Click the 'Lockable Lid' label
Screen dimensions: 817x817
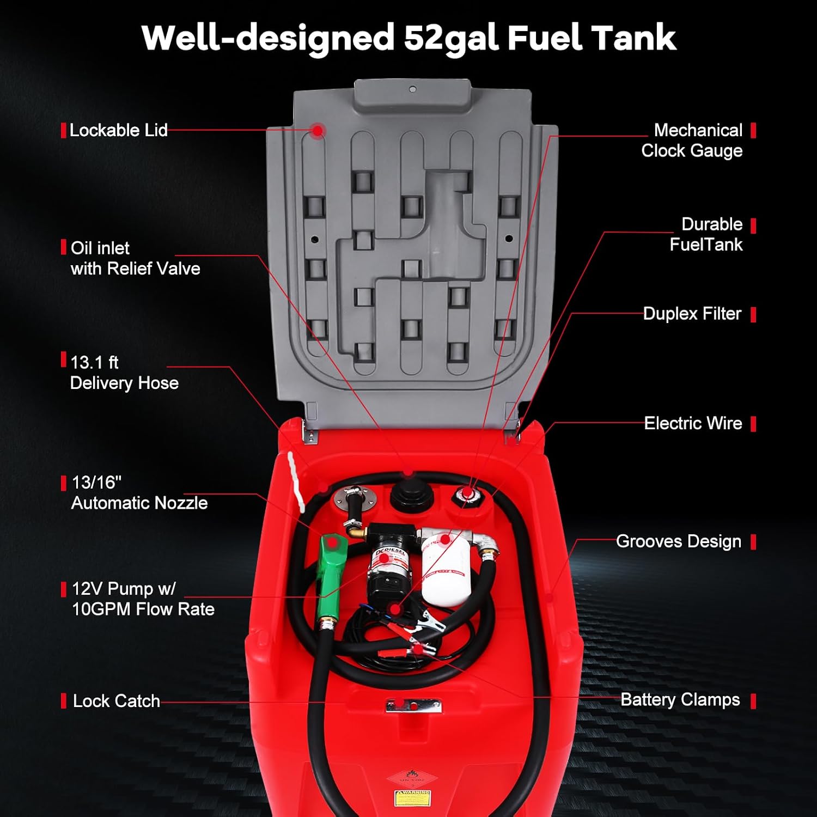pos(118,131)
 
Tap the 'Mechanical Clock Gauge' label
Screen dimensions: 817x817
pos(692,141)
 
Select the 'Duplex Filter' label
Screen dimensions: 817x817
pos(692,314)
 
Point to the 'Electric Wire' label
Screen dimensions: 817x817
pos(693,423)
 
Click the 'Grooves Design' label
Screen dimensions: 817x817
pos(678,541)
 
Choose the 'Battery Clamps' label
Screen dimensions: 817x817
pos(680,700)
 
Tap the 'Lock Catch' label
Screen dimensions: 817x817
pos(116,701)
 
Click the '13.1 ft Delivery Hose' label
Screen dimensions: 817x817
pos(124,373)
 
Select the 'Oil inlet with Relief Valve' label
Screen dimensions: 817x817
pos(135,259)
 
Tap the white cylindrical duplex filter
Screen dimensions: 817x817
pos(445,569)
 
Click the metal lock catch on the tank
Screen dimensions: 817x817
pos(413,706)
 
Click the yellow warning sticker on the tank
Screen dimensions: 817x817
pos(412,798)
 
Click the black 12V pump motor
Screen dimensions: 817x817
pos(388,561)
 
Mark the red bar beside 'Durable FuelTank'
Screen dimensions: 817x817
pos(753,225)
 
